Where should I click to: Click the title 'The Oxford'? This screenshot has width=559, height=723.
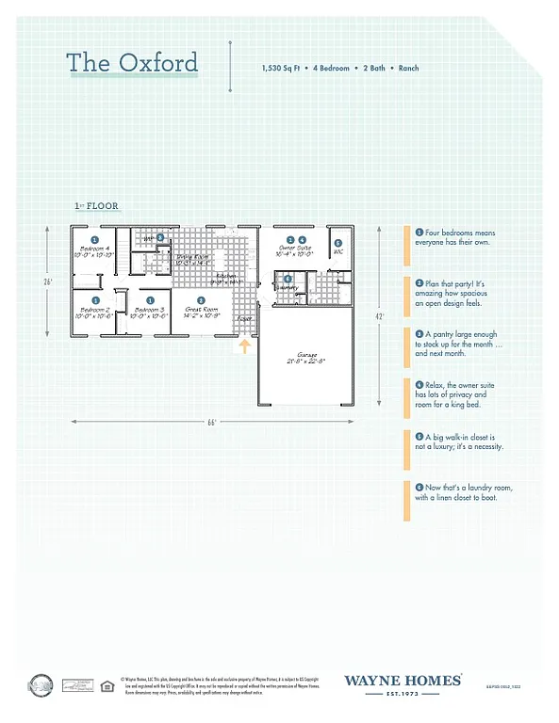pos(132,63)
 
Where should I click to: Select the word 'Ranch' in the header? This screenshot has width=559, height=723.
pos(408,68)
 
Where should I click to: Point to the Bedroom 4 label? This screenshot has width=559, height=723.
pos(95,250)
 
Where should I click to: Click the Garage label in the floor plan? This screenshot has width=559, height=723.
pos(305,359)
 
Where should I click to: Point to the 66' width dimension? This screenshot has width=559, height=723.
pos(215,422)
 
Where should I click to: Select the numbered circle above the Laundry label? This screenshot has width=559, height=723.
pos(288,278)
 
